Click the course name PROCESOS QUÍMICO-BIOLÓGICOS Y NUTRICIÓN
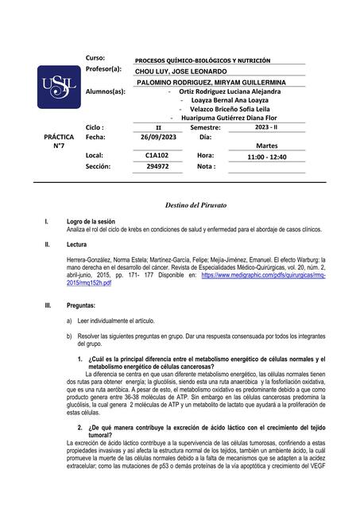pyautogui.click(x=203, y=60)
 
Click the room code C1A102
pyautogui.click(x=157, y=156)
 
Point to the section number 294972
pyautogui.click(x=157, y=167)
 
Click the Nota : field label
pyautogui.click(x=206, y=167)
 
